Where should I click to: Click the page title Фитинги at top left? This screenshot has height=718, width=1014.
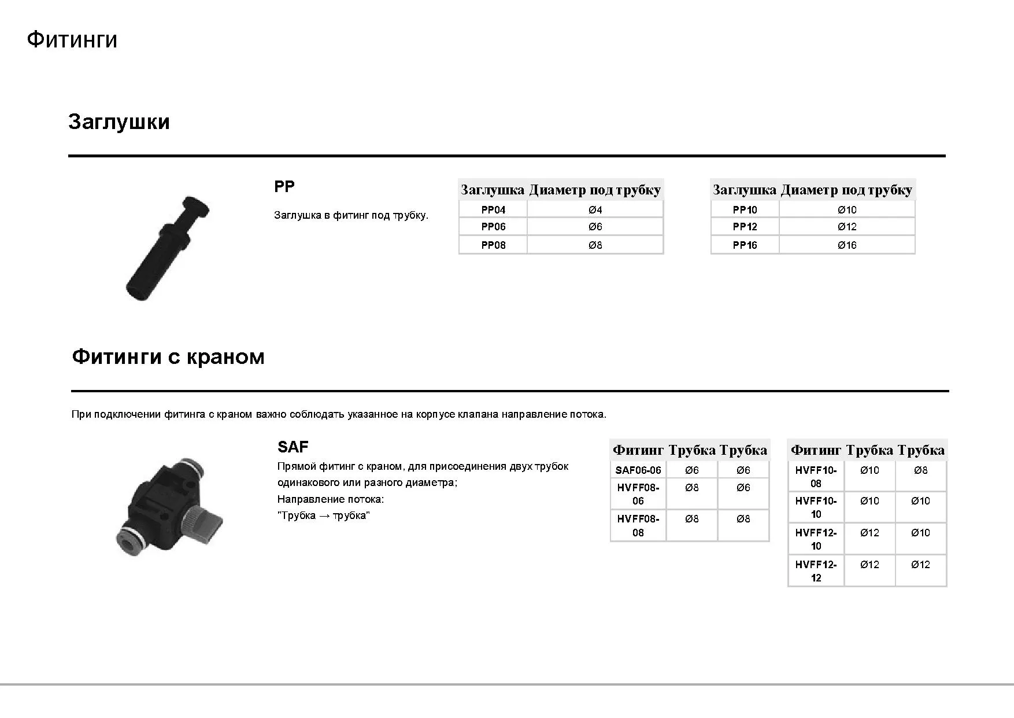tap(72, 40)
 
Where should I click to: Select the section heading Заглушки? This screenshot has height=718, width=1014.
tap(119, 122)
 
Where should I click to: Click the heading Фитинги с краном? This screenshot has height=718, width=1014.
tap(168, 356)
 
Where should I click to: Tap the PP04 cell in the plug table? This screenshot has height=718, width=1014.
tap(493, 210)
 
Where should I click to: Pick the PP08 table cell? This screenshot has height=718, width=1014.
tap(493, 245)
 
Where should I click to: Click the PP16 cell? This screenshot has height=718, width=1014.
tap(745, 245)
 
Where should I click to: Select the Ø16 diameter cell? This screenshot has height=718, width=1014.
tap(847, 245)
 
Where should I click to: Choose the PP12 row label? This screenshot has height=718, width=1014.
tap(745, 227)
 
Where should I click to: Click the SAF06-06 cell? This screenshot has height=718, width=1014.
tap(638, 470)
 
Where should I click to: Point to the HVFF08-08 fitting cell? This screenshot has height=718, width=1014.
tap(638, 525)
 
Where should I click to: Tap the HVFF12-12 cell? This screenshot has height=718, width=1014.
tap(816, 571)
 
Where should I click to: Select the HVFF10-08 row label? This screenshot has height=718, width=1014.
tap(816, 477)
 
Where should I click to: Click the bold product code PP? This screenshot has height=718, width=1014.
tap(284, 187)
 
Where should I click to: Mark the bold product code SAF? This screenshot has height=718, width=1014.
tap(293, 447)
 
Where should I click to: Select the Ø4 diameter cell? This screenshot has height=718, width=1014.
tap(595, 210)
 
